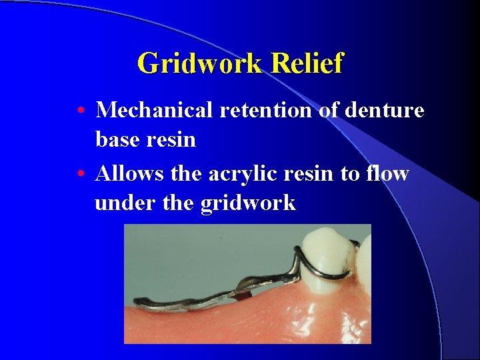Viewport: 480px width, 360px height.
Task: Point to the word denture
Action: (x=384, y=110)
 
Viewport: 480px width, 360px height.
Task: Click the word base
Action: (x=118, y=139)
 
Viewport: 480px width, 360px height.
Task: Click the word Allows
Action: (x=129, y=173)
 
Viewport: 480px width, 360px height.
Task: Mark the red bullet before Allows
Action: (x=80, y=174)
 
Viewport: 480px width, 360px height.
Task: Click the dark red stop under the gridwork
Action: (x=244, y=293)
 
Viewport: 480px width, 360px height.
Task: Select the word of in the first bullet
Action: (x=328, y=110)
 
